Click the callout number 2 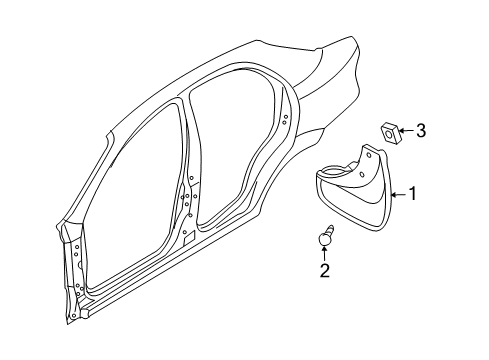tap(324, 269)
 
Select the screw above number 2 tap(324, 239)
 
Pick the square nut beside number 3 tap(390, 130)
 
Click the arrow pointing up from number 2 tap(324, 254)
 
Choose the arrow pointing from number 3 tap(407, 130)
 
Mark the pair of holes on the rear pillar tap(285, 119)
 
